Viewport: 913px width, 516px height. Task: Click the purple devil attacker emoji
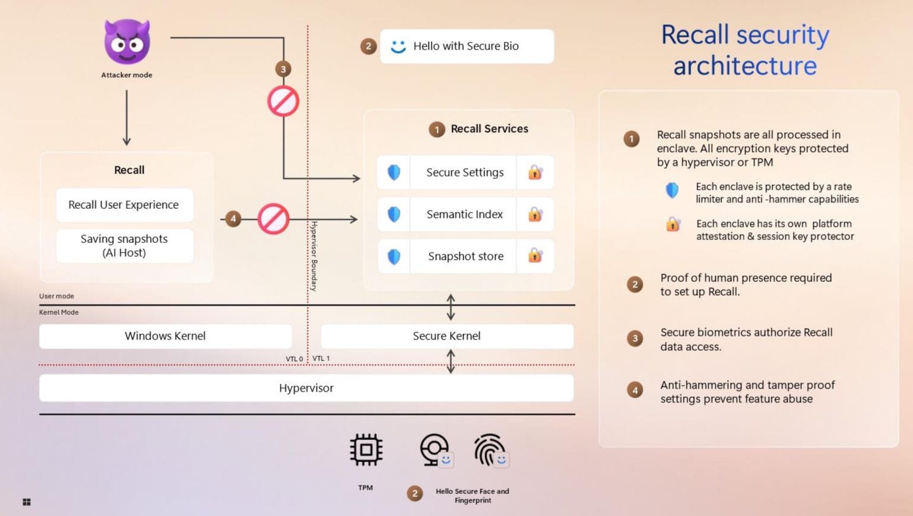click(127, 42)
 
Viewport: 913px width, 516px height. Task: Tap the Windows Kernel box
click(165, 336)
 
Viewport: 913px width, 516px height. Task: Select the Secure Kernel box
click(447, 336)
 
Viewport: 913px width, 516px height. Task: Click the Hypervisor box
click(306, 388)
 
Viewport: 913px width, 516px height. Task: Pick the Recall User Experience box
click(124, 205)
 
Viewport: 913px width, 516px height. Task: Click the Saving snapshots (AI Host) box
click(124, 246)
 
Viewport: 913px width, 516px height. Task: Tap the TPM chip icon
click(366, 449)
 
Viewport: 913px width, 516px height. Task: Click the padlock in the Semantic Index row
click(535, 214)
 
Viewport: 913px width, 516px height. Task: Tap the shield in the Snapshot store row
click(394, 256)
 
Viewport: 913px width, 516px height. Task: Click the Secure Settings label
click(465, 173)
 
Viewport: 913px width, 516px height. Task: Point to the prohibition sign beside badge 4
click(273, 219)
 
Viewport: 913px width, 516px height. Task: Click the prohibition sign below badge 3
click(283, 101)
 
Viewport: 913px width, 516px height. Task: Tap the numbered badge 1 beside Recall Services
click(436, 129)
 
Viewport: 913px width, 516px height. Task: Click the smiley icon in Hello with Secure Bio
click(398, 46)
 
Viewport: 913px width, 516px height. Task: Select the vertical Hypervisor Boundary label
click(314, 256)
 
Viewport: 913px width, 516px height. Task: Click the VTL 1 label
click(321, 358)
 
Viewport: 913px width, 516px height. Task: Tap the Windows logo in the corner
click(27, 502)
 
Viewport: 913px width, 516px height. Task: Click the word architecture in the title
click(745, 66)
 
